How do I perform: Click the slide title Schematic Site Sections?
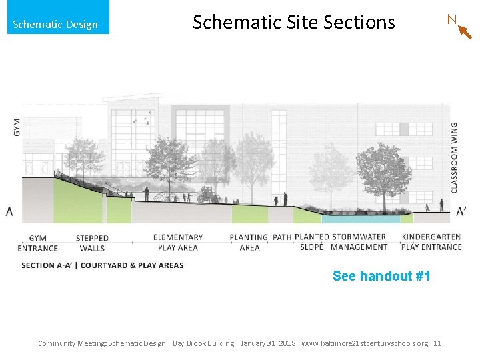click(293, 22)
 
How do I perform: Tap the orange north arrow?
click(465, 32)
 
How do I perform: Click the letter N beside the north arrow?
click(452, 19)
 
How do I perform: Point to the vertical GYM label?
click(17, 127)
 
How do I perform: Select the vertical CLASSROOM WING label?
click(455, 157)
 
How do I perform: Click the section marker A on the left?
click(9, 212)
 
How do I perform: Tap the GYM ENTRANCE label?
click(38, 243)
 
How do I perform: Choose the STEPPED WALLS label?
click(92, 243)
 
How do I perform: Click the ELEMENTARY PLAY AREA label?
click(178, 242)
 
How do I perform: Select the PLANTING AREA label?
click(249, 242)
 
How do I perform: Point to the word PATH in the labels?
click(282, 237)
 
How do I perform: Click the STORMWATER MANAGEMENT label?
click(359, 242)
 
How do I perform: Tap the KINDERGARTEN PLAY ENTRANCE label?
click(431, 242)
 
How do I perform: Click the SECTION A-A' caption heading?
click(102, 265)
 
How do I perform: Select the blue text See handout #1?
click(381, 276)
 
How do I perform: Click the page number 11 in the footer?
click(437, 343)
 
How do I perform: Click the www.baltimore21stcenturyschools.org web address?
click(365, 343)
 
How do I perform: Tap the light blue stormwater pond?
click(361, 218)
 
